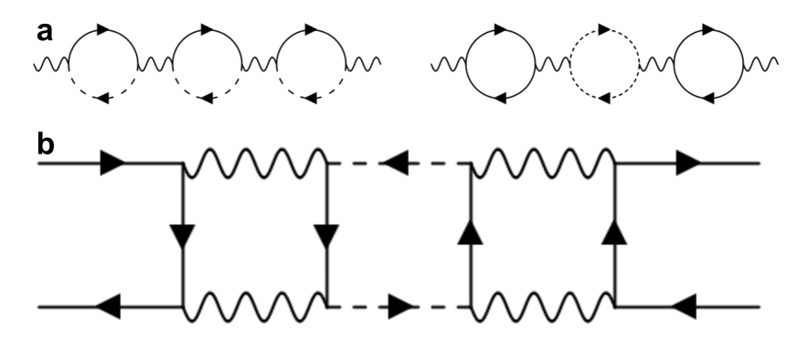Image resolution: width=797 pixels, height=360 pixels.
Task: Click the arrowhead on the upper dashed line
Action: pyautogui.click(x=394, y=165)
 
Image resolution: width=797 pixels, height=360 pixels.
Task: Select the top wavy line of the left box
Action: pyautogui.click(x=255, y=165)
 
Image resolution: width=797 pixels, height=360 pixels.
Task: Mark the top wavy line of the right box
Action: pyautogui.click(x=542, y=165)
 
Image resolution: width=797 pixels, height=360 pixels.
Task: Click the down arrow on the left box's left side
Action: pyautogui.click(x=184, y=238)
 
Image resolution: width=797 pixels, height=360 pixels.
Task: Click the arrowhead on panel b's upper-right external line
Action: pyautogui.click(x=688, y=165)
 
